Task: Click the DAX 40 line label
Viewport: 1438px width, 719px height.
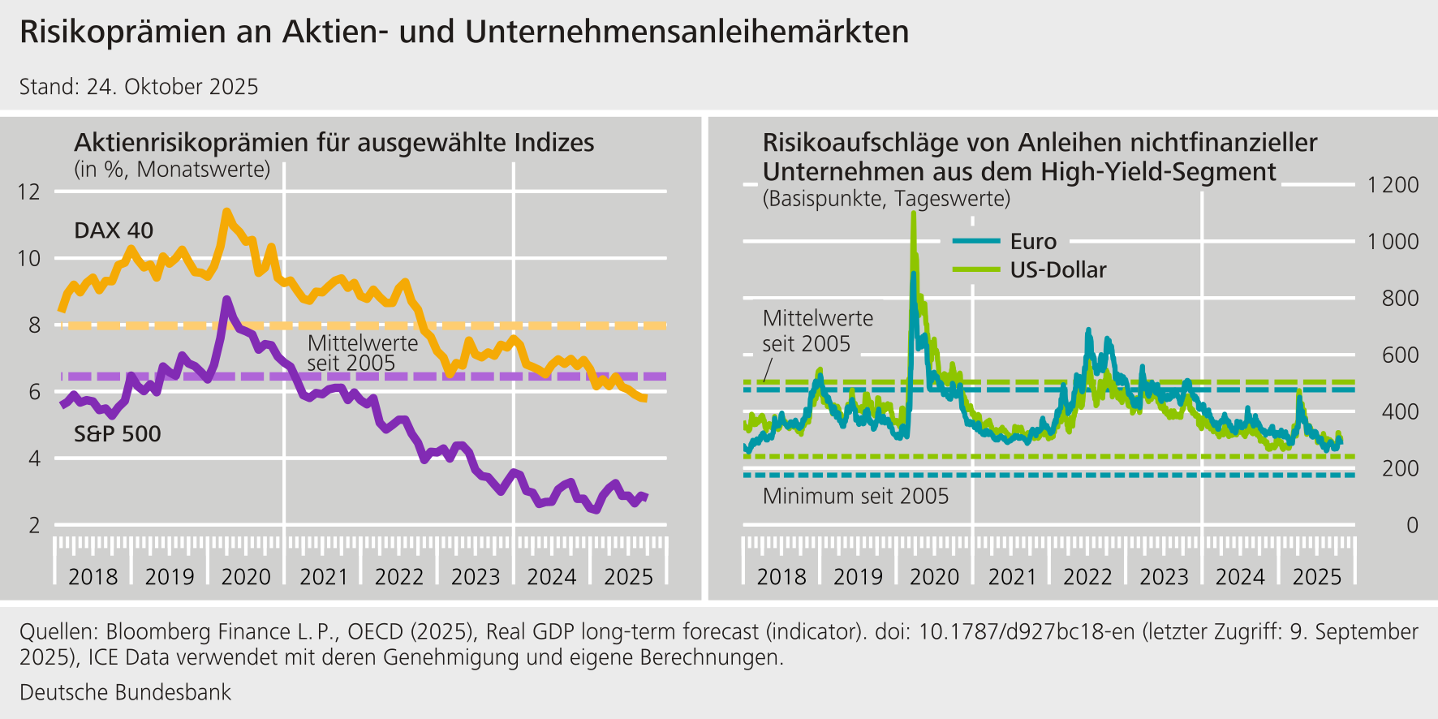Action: click(114, 230)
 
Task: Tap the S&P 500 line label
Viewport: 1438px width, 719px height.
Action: click(118, 434)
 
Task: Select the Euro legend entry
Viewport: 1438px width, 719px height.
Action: click(1032, 241)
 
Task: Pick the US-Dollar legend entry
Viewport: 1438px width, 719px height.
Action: click(1057, 270)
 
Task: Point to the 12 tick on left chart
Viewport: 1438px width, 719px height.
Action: click(28, 192)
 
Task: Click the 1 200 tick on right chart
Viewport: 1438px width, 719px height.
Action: click(1393, 185)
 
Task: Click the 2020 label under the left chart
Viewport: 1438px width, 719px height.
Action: click(246, 577)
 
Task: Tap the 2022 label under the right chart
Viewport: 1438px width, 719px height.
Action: click(1087, 577)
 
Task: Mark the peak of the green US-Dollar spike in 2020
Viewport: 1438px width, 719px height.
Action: click(914, 213)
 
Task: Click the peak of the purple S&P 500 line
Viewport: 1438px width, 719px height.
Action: click(226, 300)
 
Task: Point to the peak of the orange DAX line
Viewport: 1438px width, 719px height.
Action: click(226, 212)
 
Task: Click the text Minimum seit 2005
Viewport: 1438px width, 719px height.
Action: click(855, 496)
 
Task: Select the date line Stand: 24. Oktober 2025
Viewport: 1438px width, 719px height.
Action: click(139, 87)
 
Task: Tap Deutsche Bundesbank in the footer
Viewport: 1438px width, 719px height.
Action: click(125, 692)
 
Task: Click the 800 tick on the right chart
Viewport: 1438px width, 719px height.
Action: click(1400, 299)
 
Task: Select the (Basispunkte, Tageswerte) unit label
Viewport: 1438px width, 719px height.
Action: click(886, 199)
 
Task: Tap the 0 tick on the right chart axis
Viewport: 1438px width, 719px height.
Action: click(1412, 526)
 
